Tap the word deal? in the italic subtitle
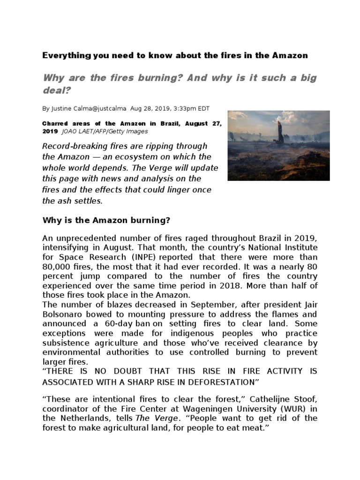tap(56, 90)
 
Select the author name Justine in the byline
tap(62, 108)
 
